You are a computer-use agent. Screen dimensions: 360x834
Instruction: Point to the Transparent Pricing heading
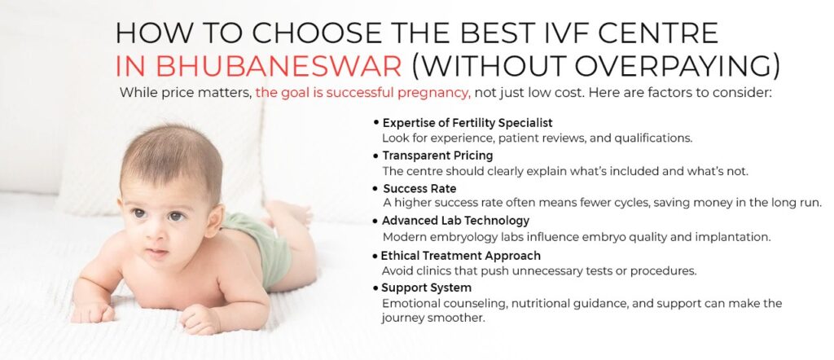pyautogui.click(x=438, y=155)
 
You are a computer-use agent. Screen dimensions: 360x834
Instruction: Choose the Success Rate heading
pyautogui.click(x=420, y=188)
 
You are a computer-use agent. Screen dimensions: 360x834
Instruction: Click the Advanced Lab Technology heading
pyautogui.click(x=456, y=221)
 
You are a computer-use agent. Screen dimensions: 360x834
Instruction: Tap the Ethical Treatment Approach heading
pyautogui.click(x=461, y=256)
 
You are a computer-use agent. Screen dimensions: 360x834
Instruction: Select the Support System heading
pyautogui.click(x=426, y=288)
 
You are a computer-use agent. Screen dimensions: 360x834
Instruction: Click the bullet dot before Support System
pyautogui.click(x=377, y=288)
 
